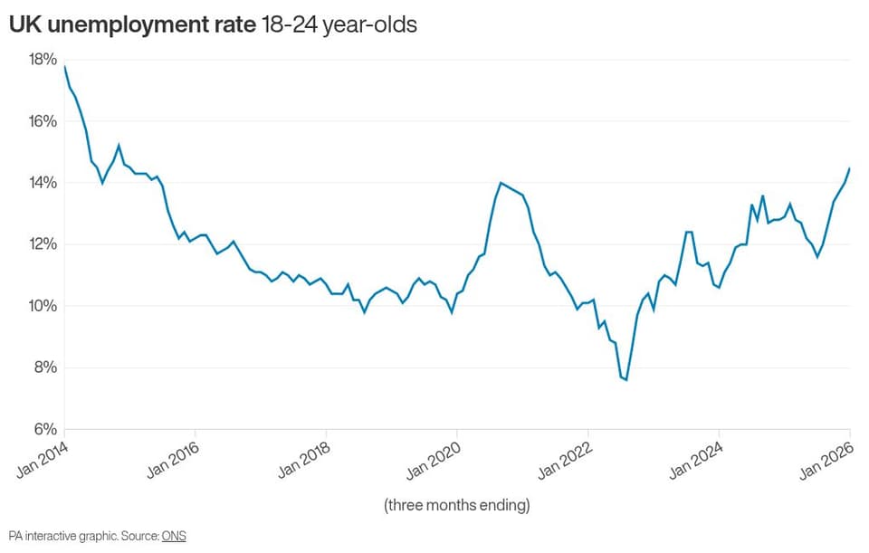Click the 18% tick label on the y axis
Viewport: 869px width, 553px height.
point(43,60)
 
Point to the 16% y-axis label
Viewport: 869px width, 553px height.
point(43,121)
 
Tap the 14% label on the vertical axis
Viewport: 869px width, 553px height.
point(43,183)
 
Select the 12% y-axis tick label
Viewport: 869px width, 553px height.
point(43,244)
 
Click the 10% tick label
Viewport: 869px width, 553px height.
point(43,306)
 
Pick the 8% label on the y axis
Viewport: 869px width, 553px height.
point(45,367)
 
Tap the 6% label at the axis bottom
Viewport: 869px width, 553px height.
point(45,429)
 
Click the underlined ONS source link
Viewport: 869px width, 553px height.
point(174,536)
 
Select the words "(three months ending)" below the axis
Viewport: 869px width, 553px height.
point(457,505)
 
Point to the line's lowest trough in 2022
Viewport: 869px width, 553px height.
point(626,380)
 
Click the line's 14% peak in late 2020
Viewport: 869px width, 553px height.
point(501,183)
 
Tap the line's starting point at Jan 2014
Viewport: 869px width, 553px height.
point(65,66)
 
